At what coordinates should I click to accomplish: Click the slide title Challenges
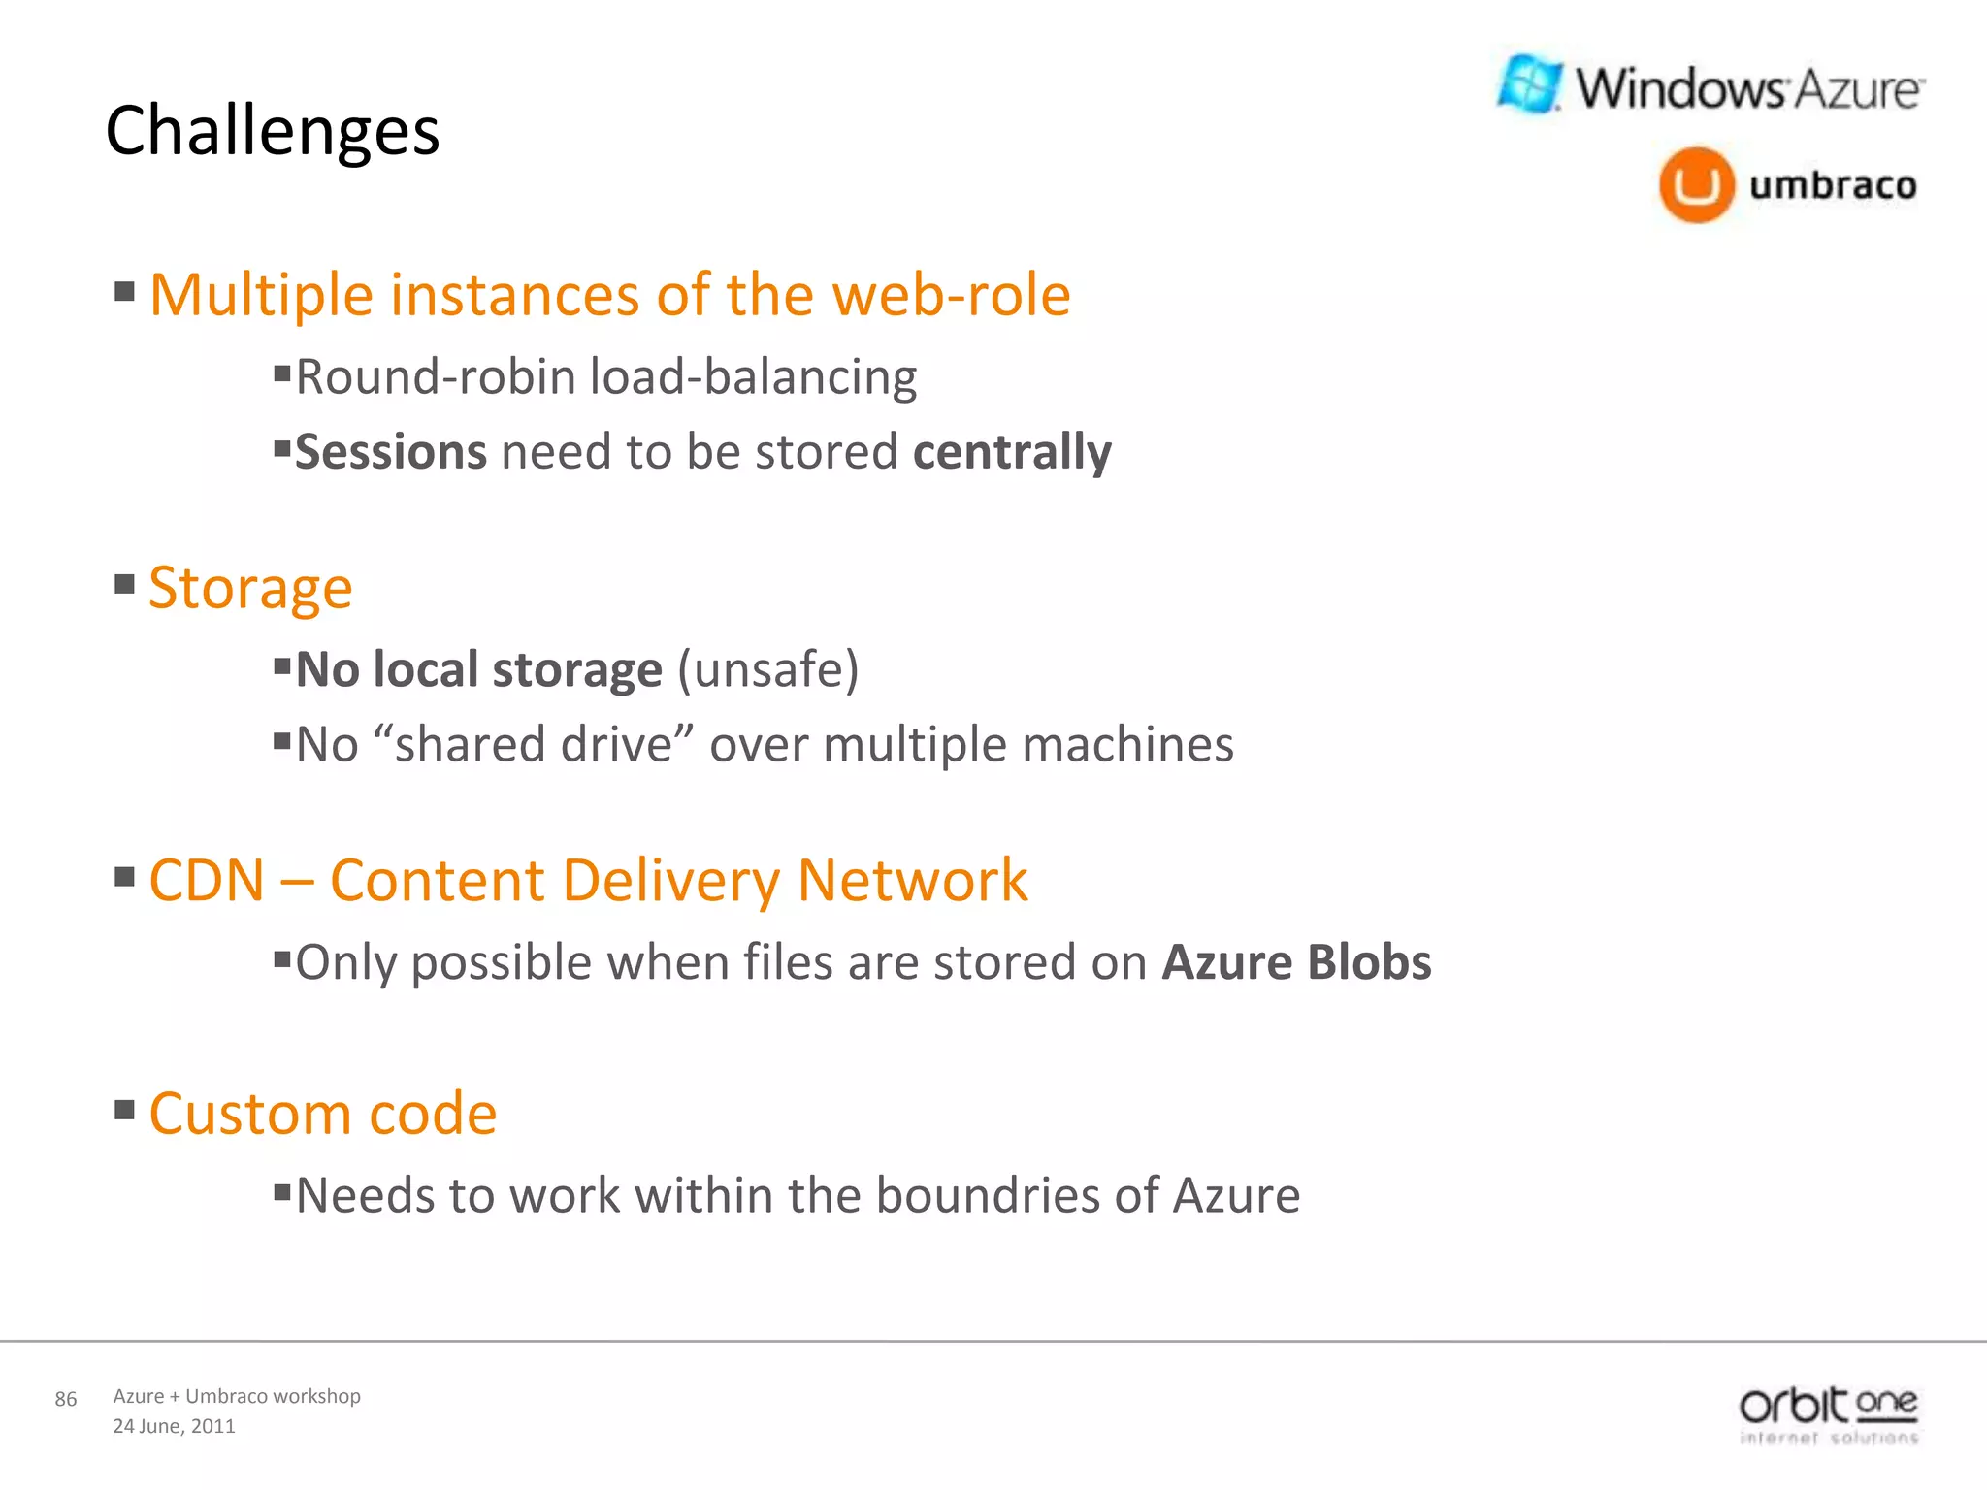pos(273,131)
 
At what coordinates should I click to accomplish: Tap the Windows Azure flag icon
pos(1530,84)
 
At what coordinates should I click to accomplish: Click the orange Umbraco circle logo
pos(1695,184)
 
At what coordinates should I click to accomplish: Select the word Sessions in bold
pos(391,452)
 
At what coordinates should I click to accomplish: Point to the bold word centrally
pos(1012,452)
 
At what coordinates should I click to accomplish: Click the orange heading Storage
pos(250,588)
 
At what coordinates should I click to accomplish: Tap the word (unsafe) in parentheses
pos(767,669)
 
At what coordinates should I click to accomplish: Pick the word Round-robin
pos(436,376)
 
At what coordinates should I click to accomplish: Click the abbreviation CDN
pos(207,881)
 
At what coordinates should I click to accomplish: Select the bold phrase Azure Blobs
pos(1296,962)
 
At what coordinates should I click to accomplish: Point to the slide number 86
pos(66,1399)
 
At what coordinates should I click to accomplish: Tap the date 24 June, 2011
pos(175,1426)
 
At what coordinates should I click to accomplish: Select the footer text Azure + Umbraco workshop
pos(237,1396)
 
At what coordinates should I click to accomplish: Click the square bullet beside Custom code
pos(124,1109)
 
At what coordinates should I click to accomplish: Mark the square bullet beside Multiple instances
pos(124,291)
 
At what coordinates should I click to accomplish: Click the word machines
pos(1127,745)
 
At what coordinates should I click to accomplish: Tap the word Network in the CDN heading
pos(912,881)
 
